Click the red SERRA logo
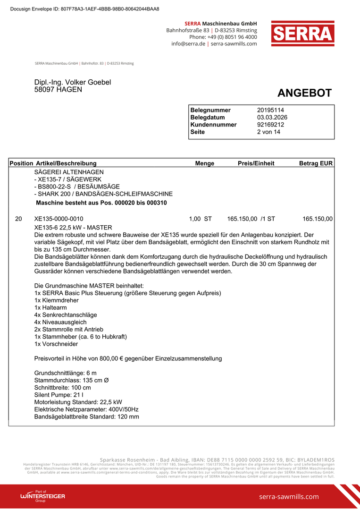pos(302,33)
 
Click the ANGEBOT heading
pos(304,93)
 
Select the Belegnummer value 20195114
pos(270,110)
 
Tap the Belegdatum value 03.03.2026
pos(272,118)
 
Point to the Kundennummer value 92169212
pos(270,125)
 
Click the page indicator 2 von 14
pos(268,132)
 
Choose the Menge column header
pos(205,163)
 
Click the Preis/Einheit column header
pos(256,163)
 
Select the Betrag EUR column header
pos(316,163)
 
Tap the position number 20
pos(18,219)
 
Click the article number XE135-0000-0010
pos(59,219)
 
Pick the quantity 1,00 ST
pos(201,219)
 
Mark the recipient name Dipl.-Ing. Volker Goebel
pos(73,82)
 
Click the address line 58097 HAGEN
pos(58,89)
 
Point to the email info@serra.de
pos(188,44)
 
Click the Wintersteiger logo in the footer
pos(42,496)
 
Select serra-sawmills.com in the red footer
pos(289,496)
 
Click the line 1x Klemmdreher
pos(57,300)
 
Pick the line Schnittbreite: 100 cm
pos(63,387)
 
